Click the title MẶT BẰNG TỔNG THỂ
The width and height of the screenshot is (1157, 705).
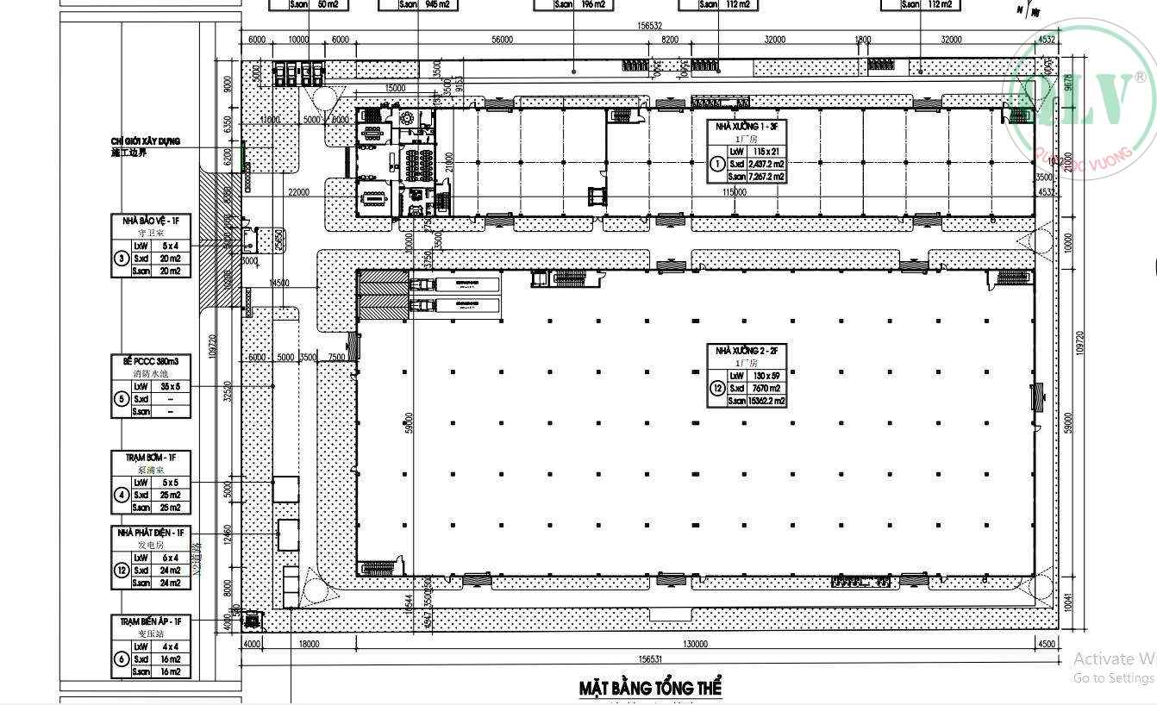[650, 688]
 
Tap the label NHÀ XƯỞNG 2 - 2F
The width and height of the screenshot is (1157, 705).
[747, 351]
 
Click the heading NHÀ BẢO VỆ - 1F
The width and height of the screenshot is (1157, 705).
[150, 221]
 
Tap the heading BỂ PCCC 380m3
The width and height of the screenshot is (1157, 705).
[150, 361]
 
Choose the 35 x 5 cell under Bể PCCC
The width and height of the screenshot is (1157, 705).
[170, 386]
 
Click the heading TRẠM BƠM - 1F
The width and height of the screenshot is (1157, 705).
[150, 457]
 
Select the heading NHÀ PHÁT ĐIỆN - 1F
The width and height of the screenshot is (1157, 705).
[150, 533]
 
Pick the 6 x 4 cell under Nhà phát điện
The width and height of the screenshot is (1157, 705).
[170, 558]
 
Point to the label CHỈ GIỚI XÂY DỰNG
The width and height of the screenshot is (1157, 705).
[145, 141]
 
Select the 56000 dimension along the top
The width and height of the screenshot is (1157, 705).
[502, 40]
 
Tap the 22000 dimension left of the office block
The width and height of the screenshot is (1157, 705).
[299, 192]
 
